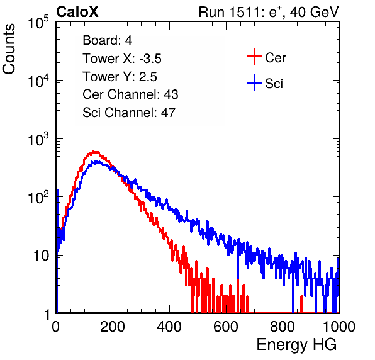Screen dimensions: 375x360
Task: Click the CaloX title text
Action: pyautogui.click(x=77, y=12)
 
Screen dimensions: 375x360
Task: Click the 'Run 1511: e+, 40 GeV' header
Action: pyautogui.click(x=269, y=12)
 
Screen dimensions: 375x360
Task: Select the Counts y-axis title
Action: pyautogui.click(x=9, y=49)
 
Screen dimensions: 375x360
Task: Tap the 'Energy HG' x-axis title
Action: pyautogui.click(x=296, y=345)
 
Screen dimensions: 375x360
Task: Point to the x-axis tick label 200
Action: pyautogui.click(x=113, y=327)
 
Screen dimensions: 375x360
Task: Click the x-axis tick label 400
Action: pyautogui.click(x=169, y=327)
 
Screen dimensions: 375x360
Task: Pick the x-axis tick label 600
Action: pyautogui.click(x=226, y=327)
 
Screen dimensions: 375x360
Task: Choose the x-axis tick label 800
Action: pyautogui.click(x=283, y=327)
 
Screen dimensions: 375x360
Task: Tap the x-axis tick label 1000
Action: pyautogui.click(x=339, y=327)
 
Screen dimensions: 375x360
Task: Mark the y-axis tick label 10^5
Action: pyautogui.click(x=38, y=23)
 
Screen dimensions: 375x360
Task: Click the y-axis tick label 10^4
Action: pyautogui.click(x=38, y=81)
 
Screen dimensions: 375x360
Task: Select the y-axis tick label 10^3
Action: pyautogui.click(x=38, y=139)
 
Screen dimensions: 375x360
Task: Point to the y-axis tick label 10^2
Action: pyautogui.click(x=38, y=198)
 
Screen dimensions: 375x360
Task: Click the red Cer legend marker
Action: pyautogui.click(x=254, y=57)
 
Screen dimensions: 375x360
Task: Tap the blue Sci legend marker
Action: pyautogui.click(x=254, y=83)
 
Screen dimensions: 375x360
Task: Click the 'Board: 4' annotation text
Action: pyautogui.click(x=107, y=40)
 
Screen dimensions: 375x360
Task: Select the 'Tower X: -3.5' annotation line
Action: pyautogui.click(x=122, y=59)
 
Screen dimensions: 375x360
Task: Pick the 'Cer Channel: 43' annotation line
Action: pyautogui.click(x=130, y=94)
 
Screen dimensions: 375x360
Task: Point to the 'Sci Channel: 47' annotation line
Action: pyautogui.click(x=129, y=113)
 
